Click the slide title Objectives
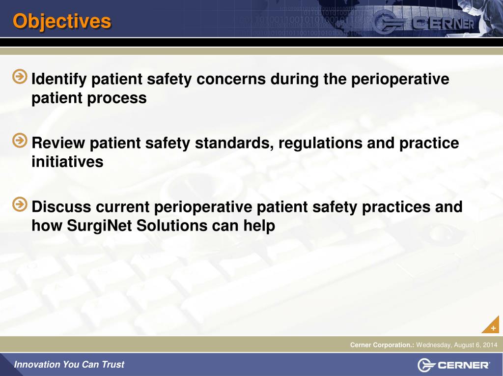click(x=62, y=21)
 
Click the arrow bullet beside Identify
click(x=20, y=77)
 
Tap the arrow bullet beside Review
click(x=20, y=141)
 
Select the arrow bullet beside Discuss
click(x=20, y=204)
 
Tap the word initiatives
click(x=67, y=162)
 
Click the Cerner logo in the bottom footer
click(x=453, y=365)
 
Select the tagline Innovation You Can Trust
click(x=69, y=365)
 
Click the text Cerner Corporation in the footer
click(x=382, y=345)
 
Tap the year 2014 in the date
click(x=490, y=345)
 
